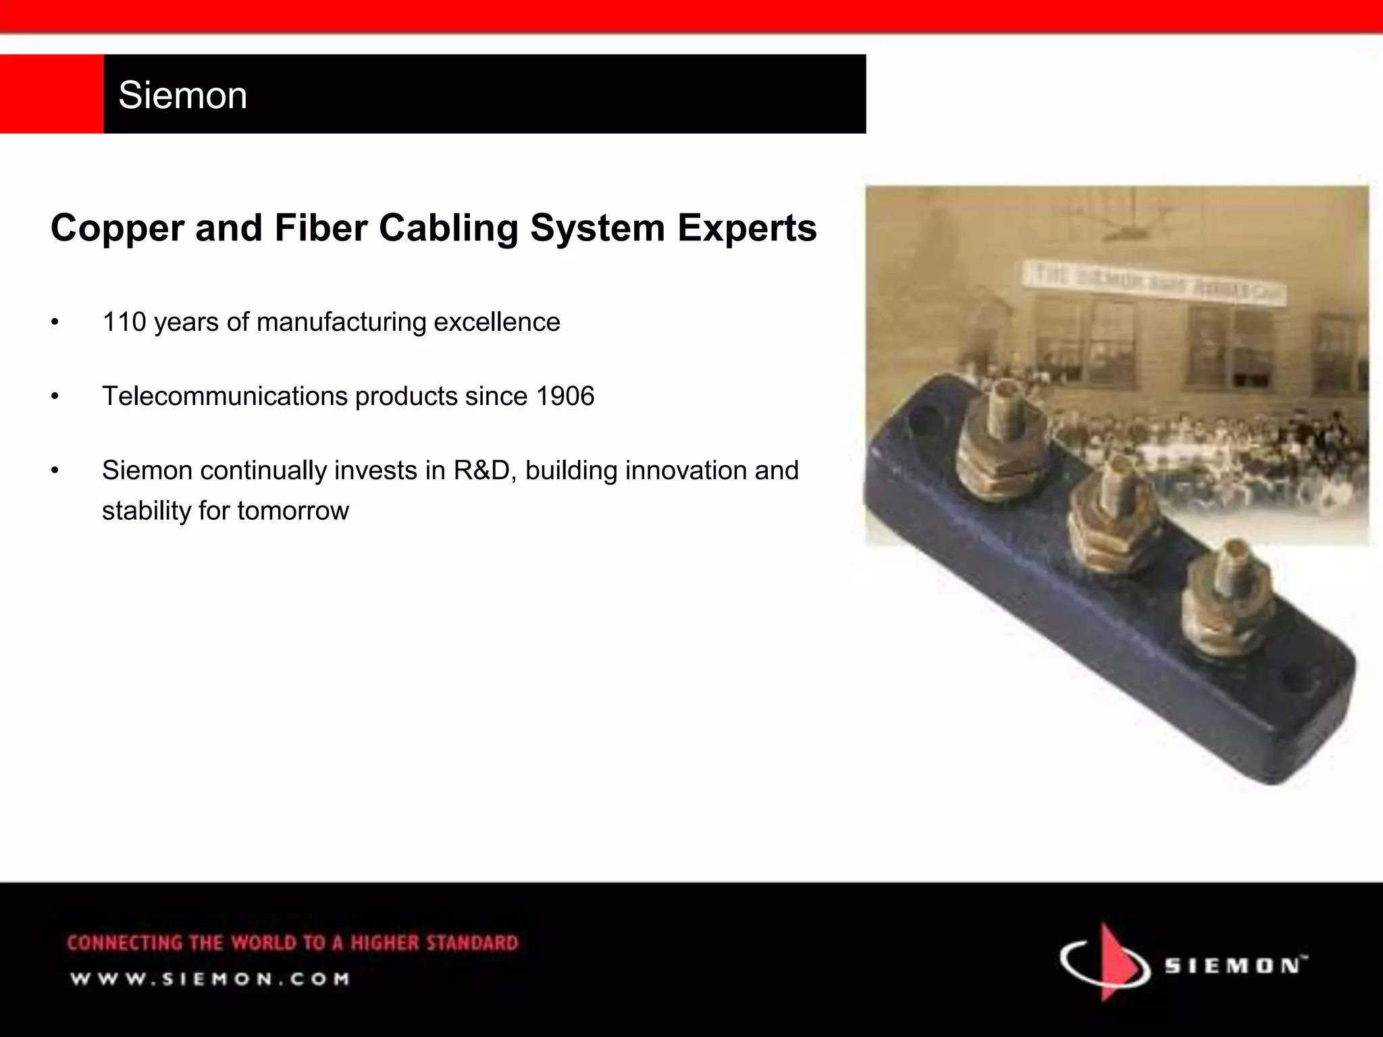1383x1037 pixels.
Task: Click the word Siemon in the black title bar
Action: tap(182, 95)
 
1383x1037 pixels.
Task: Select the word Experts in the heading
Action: tap(747, 228)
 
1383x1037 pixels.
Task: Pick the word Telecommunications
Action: tap(225, 396)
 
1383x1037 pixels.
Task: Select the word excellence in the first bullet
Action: tap(496, 322)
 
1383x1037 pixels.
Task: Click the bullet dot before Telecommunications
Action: tap(55, 396)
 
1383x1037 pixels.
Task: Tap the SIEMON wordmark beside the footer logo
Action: tap(1234, 965)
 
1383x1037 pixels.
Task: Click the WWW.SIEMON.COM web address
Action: tap(210, 979)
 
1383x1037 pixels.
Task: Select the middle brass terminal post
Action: tap(1105, 513)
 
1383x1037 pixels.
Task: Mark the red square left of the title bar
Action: tap(51, 94)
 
